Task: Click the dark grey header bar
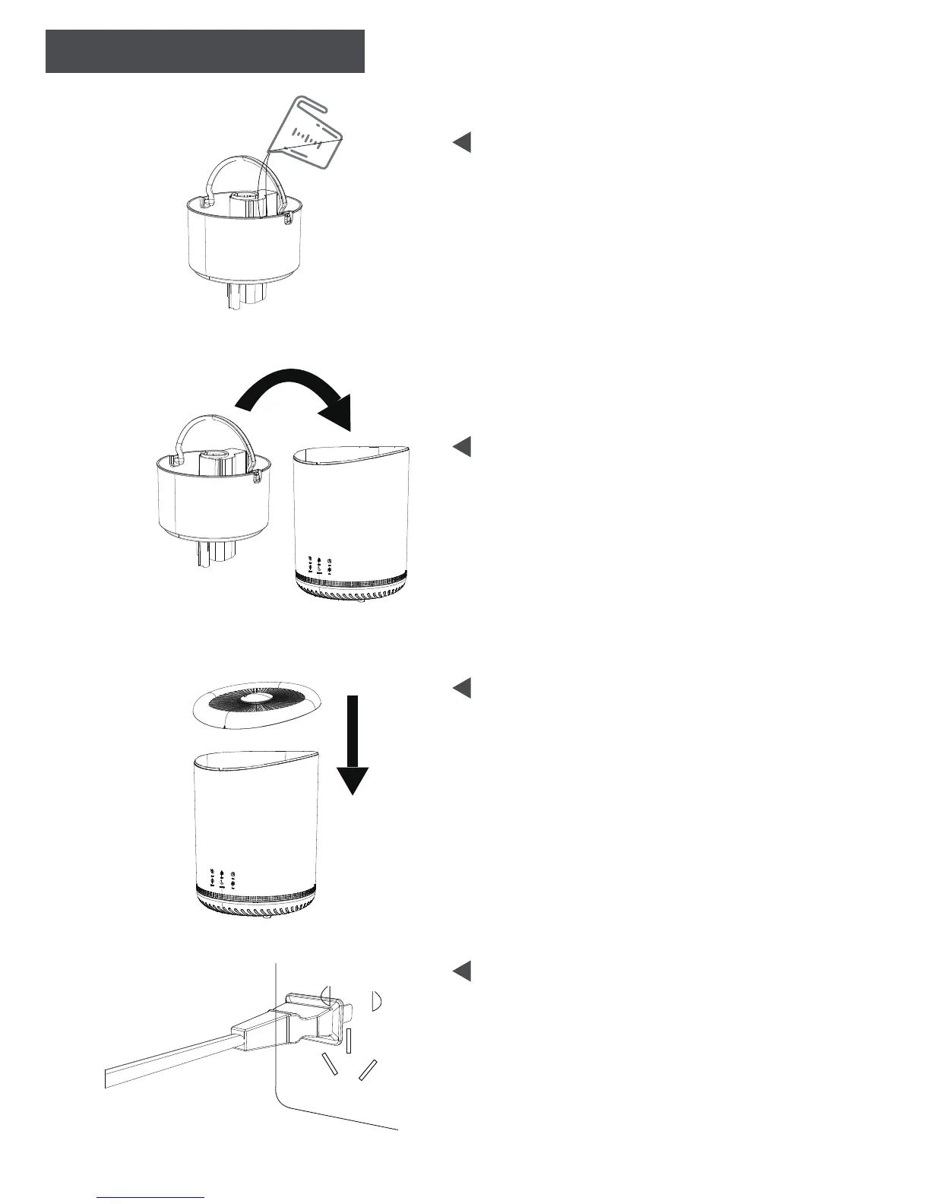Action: (205, 51)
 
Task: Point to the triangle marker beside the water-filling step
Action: (462, 142)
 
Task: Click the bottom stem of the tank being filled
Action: (243, 297)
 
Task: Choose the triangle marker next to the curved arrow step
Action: (462, 446)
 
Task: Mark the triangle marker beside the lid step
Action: (462, 688)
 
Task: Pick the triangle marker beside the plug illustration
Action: (462, 971)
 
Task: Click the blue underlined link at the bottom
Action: (152, 1196)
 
